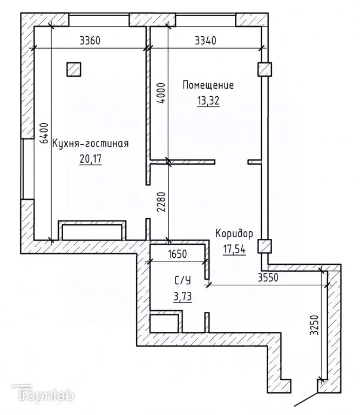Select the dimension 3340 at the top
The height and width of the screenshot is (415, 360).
click(x=205, y=41)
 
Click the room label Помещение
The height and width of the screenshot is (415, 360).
click(x=208, y=85)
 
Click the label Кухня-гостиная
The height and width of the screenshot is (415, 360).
click(x=90, y=144)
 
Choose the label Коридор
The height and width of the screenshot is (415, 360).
click(x=234, y=234)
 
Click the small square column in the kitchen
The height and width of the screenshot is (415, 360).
click(x=74, y=69)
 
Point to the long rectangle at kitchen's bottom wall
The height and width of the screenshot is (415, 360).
click(x=92, y=231)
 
